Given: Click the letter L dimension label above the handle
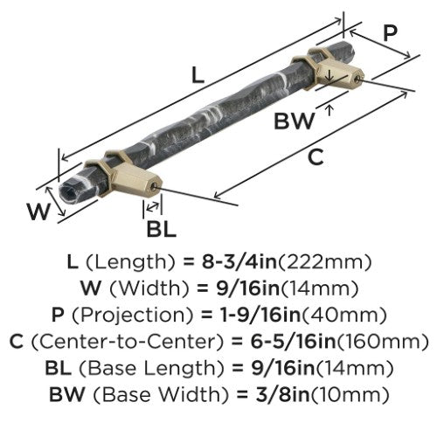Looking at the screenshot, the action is click(198, 75).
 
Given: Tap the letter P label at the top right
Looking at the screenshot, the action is click(390, 33).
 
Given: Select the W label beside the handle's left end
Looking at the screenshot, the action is click(39, 211).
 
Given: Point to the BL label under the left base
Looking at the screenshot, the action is click(161, 229).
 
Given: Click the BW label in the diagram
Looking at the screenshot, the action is click(295, 121).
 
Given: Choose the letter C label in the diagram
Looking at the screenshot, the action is click(316, 156).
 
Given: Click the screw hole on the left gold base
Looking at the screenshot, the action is click(155, 186).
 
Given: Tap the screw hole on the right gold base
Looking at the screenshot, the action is click(359, 78).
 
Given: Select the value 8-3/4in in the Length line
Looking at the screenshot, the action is click(239, 261).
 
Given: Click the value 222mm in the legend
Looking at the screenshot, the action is click(324, 261).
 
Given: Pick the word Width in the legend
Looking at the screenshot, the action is click(149, 288).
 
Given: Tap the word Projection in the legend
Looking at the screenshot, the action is click(133, 315).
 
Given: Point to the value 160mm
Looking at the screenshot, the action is click(382, 342).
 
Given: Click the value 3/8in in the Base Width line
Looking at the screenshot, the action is click(275, 394).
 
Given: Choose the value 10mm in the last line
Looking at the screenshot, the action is click(350, 395).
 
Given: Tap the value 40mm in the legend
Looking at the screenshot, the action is click(344, 315).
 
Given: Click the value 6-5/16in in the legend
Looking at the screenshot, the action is click(293, 341).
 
